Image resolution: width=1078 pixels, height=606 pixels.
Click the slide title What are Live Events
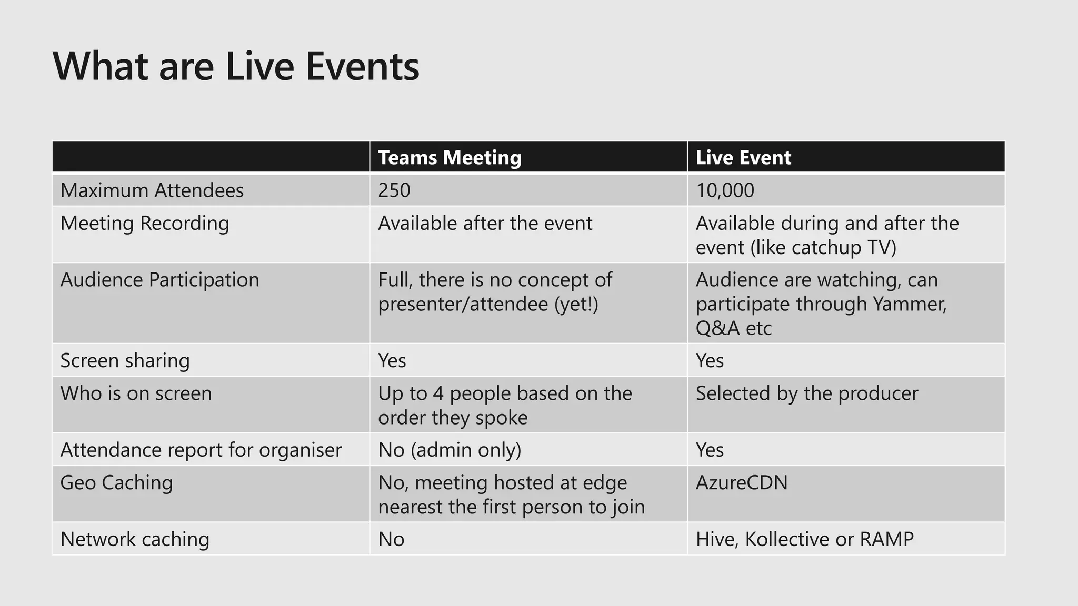236,67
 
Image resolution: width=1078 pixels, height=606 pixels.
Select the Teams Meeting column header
450,157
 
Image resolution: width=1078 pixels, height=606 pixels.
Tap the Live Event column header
743,157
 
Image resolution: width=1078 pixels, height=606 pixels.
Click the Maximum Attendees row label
152,190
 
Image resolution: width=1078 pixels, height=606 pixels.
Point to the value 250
394,190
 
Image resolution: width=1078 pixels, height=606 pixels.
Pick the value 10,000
724,190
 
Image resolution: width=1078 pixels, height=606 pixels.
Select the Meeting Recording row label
145,223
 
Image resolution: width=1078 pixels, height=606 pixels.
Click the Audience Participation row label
159,280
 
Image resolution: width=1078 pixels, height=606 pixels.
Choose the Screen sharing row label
125,361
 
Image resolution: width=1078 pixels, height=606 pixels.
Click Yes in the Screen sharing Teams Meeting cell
392,361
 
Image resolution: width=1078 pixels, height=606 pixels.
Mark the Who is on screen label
136,393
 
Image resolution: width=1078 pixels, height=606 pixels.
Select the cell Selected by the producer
806,393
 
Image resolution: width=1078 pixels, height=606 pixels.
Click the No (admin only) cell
450,450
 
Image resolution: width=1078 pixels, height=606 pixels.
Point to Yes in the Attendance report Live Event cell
710,450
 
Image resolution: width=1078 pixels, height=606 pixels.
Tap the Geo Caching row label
116,483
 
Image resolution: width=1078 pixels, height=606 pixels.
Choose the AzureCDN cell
741,483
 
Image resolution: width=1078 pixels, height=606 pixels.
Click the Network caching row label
135,540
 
